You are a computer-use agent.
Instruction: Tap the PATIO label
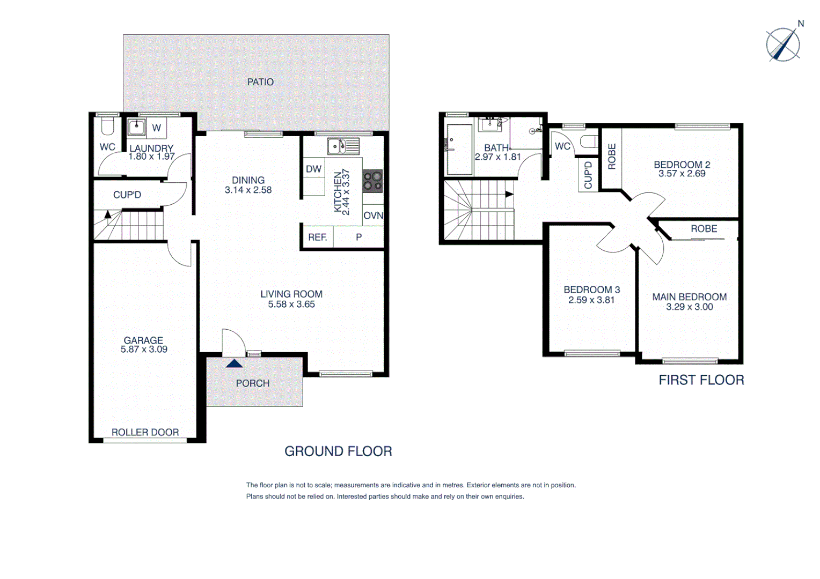point(260,82)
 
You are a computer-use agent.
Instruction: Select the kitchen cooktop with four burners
point(372,181)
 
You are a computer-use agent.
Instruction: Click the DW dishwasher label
point(313,169)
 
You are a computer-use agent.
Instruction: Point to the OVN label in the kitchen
point(373,216)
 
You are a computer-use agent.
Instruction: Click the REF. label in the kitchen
point(317,237)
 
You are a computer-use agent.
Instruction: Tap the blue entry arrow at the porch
point(234,363)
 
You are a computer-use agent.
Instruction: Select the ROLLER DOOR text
point(145,432)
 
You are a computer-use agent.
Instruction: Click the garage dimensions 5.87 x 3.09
point(144,350)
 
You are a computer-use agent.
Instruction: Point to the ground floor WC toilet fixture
point(108,127)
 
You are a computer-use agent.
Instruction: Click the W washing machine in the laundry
point(156,128)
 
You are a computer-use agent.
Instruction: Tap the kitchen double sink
point(343,146)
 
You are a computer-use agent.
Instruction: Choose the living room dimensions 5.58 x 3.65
point(291,305)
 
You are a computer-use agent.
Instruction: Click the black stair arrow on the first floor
point(509,194)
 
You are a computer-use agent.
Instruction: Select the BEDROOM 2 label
point(682,165)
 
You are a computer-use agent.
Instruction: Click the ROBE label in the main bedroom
point(704,229)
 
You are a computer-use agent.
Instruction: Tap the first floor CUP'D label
point(588,175)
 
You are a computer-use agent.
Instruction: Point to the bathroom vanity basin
point(490,124)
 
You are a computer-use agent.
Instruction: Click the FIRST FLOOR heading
point(701,380)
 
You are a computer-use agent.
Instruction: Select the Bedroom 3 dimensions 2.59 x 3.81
point(591,300)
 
